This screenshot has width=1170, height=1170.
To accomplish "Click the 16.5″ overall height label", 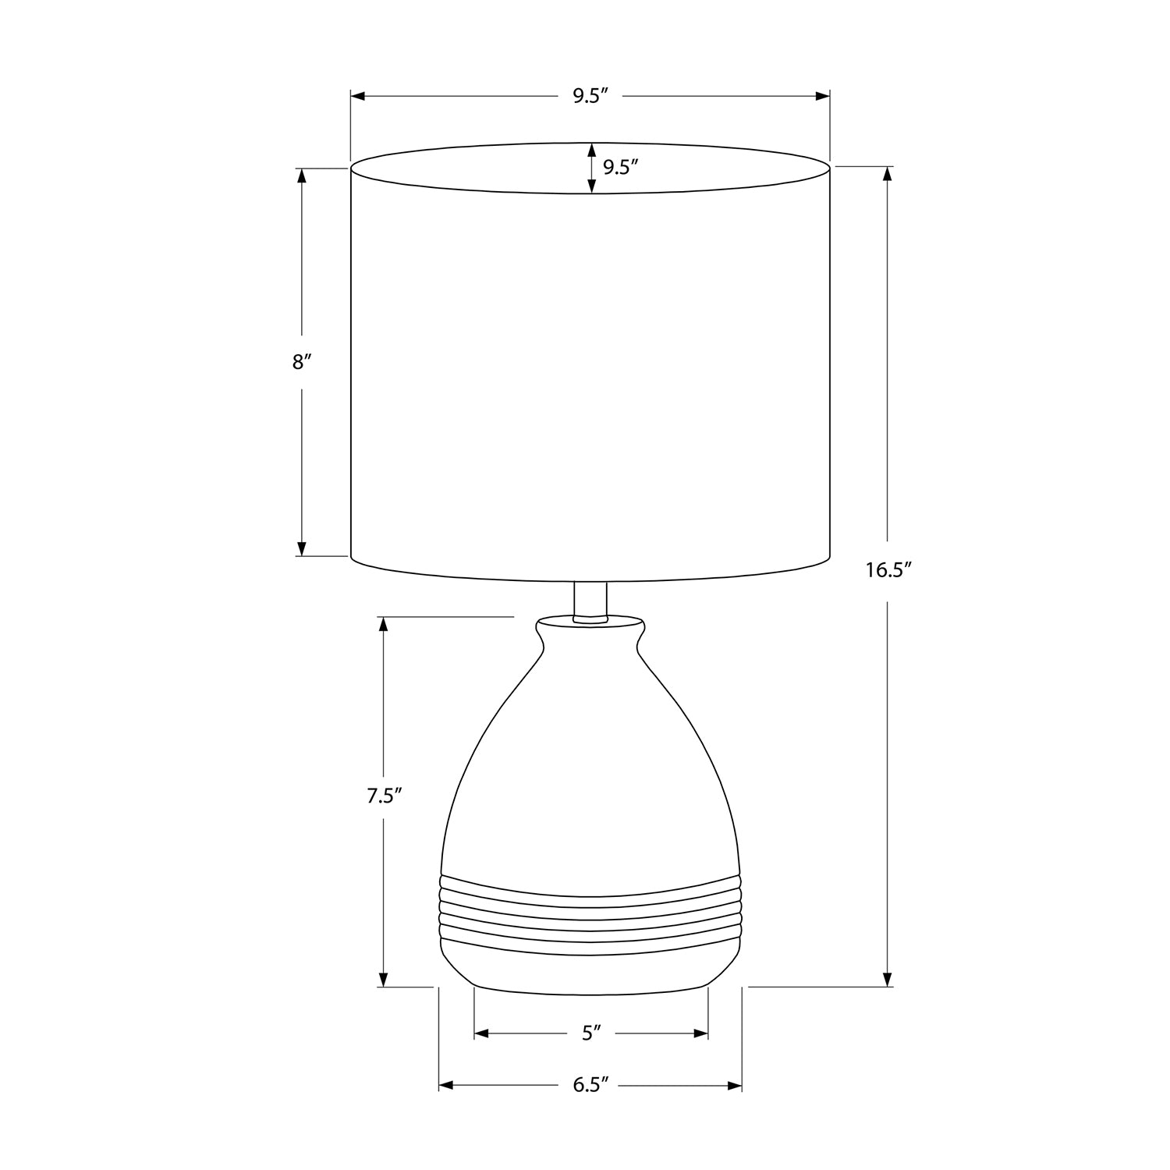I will [888, 570].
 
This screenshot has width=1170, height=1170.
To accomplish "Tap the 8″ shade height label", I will [302, 362].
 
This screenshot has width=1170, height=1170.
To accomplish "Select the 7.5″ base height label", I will [384, 796].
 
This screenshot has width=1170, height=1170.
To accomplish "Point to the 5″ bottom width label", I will [591, 1033].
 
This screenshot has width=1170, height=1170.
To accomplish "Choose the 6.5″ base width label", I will [590, 1085].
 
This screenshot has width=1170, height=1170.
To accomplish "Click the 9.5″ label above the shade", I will [590, 96].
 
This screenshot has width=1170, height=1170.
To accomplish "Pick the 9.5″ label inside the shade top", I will [621, 168].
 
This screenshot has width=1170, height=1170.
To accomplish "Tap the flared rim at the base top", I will [590, 626].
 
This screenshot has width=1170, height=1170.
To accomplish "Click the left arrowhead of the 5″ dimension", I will [481, 1033].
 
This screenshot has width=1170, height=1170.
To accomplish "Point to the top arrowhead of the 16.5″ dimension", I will [887, 174].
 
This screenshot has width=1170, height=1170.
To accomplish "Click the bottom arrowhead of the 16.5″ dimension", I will [887, 980].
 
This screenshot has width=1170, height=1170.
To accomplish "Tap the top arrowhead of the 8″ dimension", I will [302, 175].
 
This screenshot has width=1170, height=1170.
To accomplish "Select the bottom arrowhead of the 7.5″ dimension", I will [383, 980].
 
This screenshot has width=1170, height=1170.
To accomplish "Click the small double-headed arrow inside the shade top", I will [591, 168].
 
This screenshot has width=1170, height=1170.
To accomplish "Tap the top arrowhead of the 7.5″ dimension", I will [383, 624].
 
